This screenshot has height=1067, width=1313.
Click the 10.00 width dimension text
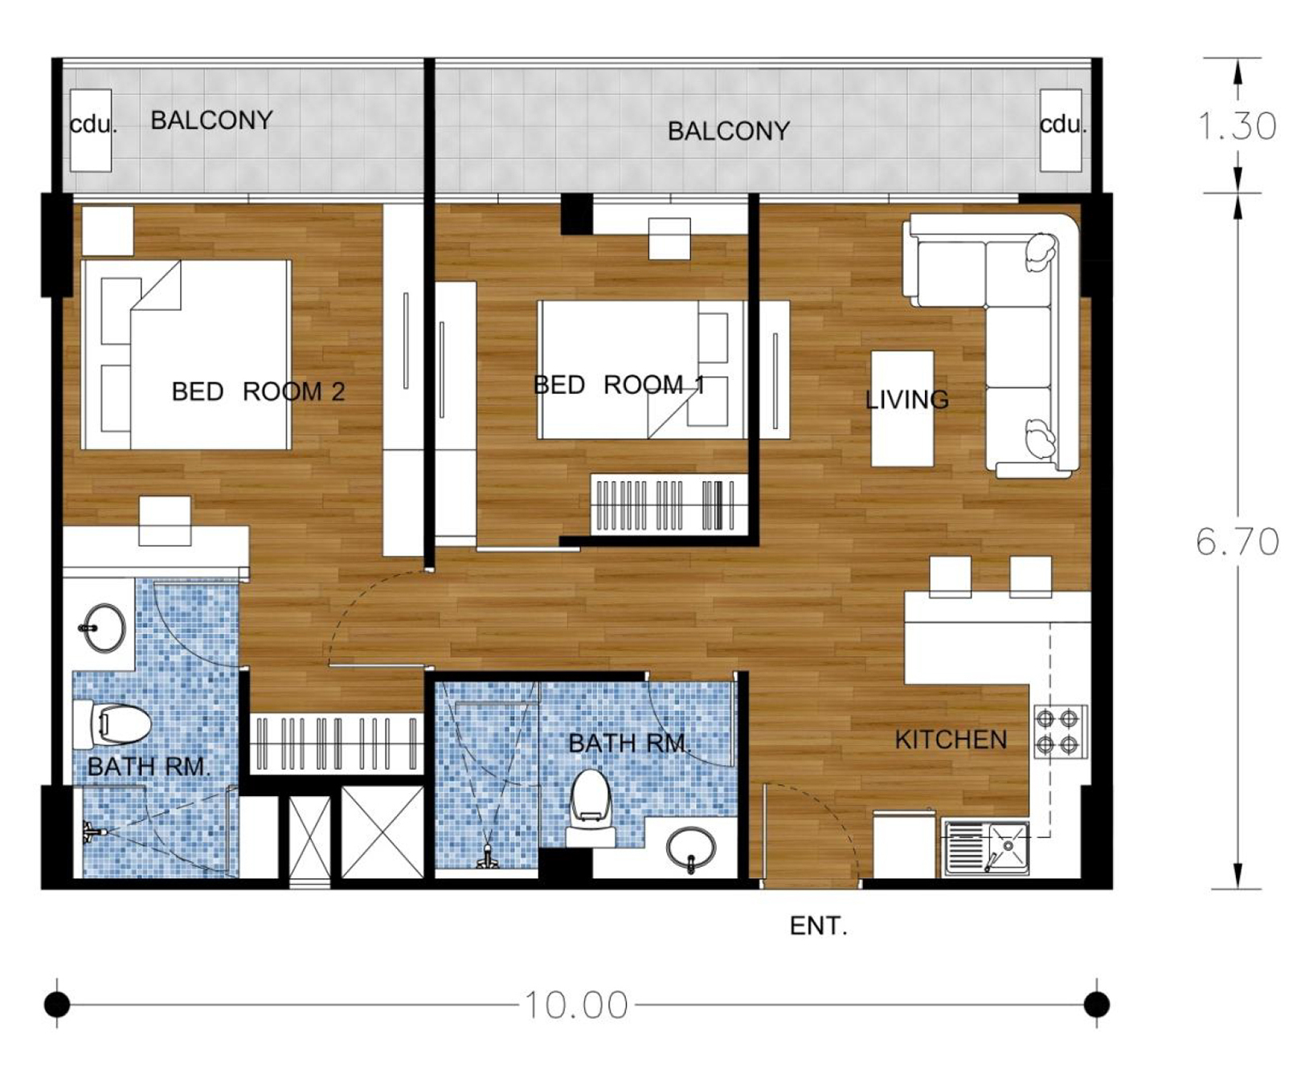(x=576, y=1005)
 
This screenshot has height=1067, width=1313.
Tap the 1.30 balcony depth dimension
(x=1237, y=126)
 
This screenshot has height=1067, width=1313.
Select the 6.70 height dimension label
(x=1237, y=542)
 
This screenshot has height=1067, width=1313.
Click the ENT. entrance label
(x=818, y=926)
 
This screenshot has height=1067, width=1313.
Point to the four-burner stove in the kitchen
(x=1057, y=731)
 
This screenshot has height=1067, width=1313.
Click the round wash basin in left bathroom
(x=104, y=628)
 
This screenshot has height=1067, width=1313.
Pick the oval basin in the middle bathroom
(x=691, y=848)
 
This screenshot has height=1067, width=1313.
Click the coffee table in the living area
(x=902, y=408)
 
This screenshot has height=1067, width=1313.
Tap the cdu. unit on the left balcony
(x=91, y=129)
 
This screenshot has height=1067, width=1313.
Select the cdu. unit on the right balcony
(x=1061, y=129)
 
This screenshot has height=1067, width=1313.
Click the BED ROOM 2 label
(x=258, y=391)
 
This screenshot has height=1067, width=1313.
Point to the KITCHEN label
(x=951, y=740)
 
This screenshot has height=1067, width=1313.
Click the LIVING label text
(x=906, y=399)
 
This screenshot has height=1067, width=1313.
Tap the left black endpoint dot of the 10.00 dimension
(x=57, y=1004)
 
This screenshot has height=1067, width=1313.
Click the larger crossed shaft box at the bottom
(x=382, y=832)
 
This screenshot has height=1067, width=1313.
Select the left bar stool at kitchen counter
(x=950, y=576)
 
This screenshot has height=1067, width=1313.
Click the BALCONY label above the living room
(x=728, y=131)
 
